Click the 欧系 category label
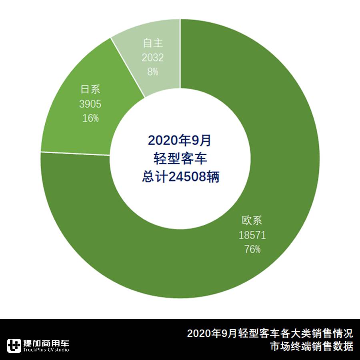252,221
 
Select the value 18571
252,235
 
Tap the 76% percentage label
252,249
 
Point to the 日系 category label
90,90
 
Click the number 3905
90,104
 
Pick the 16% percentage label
90,118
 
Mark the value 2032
153,58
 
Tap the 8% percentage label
153,72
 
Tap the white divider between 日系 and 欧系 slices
76,154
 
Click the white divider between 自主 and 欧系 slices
180,52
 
